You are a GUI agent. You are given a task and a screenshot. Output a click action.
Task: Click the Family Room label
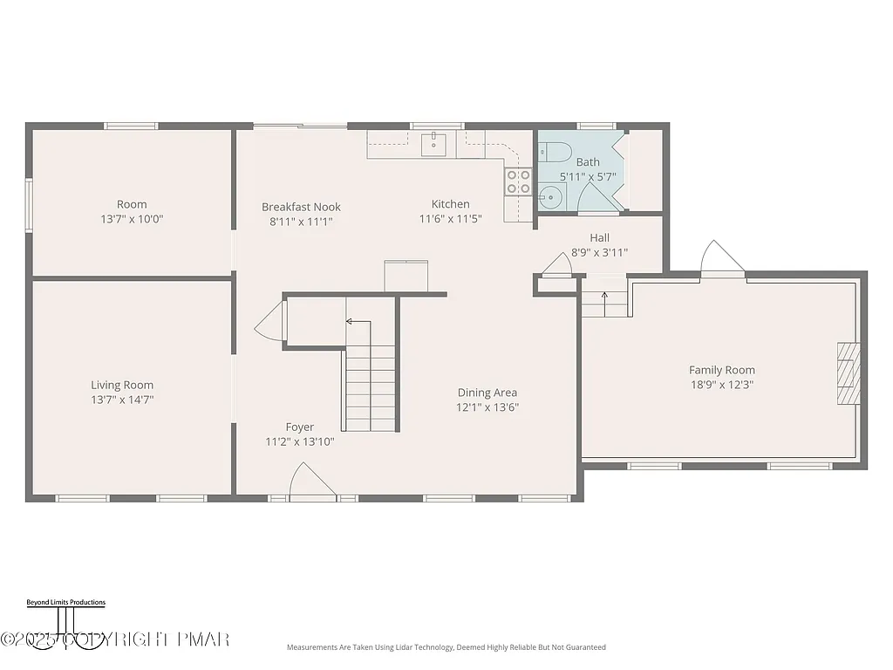[722, 370]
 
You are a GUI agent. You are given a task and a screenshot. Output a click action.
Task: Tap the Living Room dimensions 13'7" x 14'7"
[122, 400]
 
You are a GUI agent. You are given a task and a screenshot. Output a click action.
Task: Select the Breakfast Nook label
[301, 207]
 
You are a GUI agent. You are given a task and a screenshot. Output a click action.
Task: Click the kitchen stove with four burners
[519, 181]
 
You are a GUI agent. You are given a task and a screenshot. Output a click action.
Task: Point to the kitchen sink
[433, 142]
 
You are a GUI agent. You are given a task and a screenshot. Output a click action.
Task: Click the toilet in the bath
[553, 151]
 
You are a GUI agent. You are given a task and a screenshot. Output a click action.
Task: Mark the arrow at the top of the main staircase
[351, 321]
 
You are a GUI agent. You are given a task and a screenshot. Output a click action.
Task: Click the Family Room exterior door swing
[723, 258]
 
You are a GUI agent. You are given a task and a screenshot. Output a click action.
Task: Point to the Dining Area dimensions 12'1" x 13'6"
[487, 407]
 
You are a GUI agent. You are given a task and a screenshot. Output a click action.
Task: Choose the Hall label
[599, 237]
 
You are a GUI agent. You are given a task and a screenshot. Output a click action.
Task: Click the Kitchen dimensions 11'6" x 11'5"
[450, 219]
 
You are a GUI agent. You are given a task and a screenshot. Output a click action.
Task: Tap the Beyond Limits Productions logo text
[65, 602]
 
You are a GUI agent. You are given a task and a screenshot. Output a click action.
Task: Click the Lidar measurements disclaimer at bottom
[446, 647]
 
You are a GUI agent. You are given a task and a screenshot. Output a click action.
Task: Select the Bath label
[588, 162]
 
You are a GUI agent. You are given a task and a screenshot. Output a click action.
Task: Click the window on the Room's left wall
[29, 205]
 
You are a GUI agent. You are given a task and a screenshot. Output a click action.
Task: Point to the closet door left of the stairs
[269, 325]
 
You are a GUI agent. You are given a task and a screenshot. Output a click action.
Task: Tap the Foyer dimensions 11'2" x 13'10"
[299, 441]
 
